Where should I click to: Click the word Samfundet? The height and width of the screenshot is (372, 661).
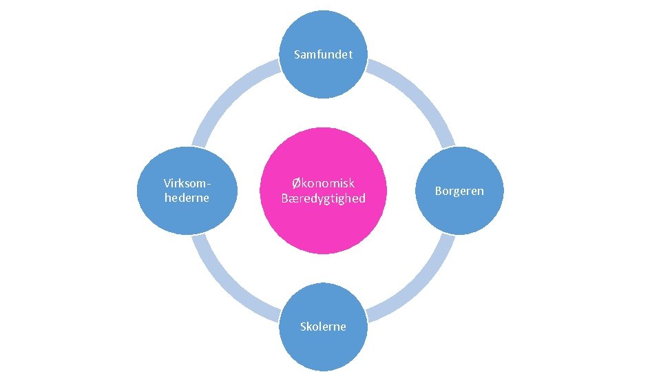pyautogui.click(x=323, y=54)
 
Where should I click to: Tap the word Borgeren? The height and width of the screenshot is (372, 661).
pyautogui.click(x=459, y=191)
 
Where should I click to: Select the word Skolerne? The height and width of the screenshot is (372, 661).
pyautogui.click(x=323, y=327)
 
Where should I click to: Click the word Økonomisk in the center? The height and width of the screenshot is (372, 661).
pyautogui.click(x=323, y=183)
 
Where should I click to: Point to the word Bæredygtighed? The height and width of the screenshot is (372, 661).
pyautogui.click(x=323, y=199)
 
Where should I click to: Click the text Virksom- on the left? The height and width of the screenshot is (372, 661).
pyautogui.click(x=187, y=183)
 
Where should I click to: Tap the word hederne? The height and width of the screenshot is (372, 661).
pyautogui.click(x=187, y=198)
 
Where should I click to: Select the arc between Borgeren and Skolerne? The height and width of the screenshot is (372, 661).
pyautogui.click(x=419, y=287)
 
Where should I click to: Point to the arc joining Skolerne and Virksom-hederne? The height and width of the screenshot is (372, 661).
pyautogui.click(x=227, y=287)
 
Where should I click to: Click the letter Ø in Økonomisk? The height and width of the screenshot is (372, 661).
pyautogui.click(x=296, y=183)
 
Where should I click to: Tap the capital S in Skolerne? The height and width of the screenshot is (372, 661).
pyautogui.click(x=304, y=327)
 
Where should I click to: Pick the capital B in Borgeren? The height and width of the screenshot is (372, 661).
pyautogui.click(x=438, y=191)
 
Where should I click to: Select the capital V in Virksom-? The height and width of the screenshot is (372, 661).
pyautogui.click(x=167, y=183)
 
